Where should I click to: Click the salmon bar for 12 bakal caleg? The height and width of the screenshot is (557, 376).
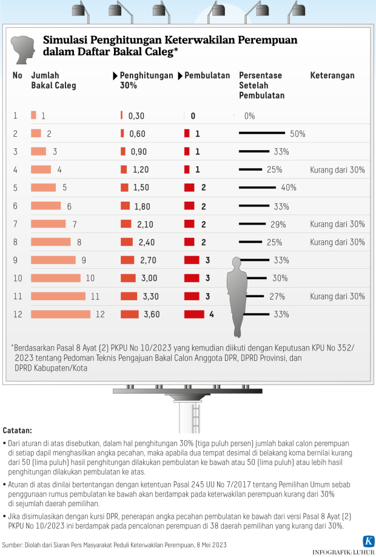(61, 314)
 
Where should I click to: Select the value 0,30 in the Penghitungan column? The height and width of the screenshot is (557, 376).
(136, 116)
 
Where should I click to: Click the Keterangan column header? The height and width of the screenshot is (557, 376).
(332, 76)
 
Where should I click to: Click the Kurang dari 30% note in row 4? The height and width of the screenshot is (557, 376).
(337, 170)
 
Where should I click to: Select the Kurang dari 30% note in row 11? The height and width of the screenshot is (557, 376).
(337, 297)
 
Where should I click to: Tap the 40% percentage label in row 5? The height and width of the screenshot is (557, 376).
(289, 188)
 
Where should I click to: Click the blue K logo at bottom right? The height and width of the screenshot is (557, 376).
(368, 541)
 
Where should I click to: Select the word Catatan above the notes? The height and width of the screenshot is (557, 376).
(18, 430)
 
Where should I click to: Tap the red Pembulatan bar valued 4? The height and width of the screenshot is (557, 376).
(194, 314)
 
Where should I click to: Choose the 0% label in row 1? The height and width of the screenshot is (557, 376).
(249, 116)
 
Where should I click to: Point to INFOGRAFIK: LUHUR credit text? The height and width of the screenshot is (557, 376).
(341, 552)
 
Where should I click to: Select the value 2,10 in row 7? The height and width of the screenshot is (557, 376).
(147, 224)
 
